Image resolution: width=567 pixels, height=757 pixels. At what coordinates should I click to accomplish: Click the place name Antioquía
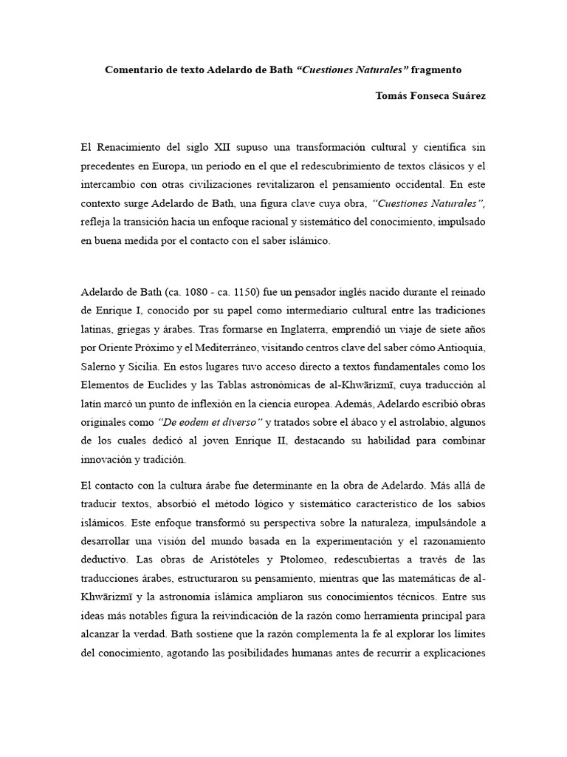(458, 347)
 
